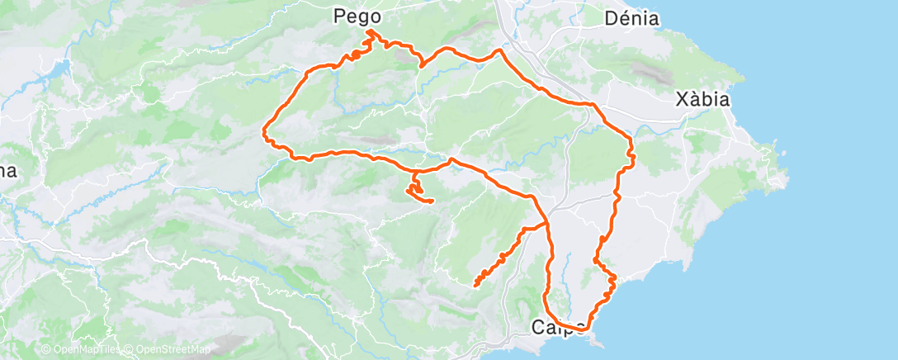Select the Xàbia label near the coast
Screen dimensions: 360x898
point(702,100)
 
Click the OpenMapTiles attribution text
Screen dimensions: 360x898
point(83,350)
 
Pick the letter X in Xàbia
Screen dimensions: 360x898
point(682,100)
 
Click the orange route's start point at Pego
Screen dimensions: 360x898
point(369,31)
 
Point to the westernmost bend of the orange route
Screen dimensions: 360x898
point(264,130)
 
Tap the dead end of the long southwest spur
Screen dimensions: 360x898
point(475,286)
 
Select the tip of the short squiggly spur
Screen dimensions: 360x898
point(432,201)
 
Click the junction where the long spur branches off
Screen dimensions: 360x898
point(546,223)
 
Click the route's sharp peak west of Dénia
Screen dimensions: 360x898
point(499,50)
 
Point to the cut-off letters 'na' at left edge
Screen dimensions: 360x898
point(7,171)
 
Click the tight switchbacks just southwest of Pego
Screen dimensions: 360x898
point(354,55)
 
